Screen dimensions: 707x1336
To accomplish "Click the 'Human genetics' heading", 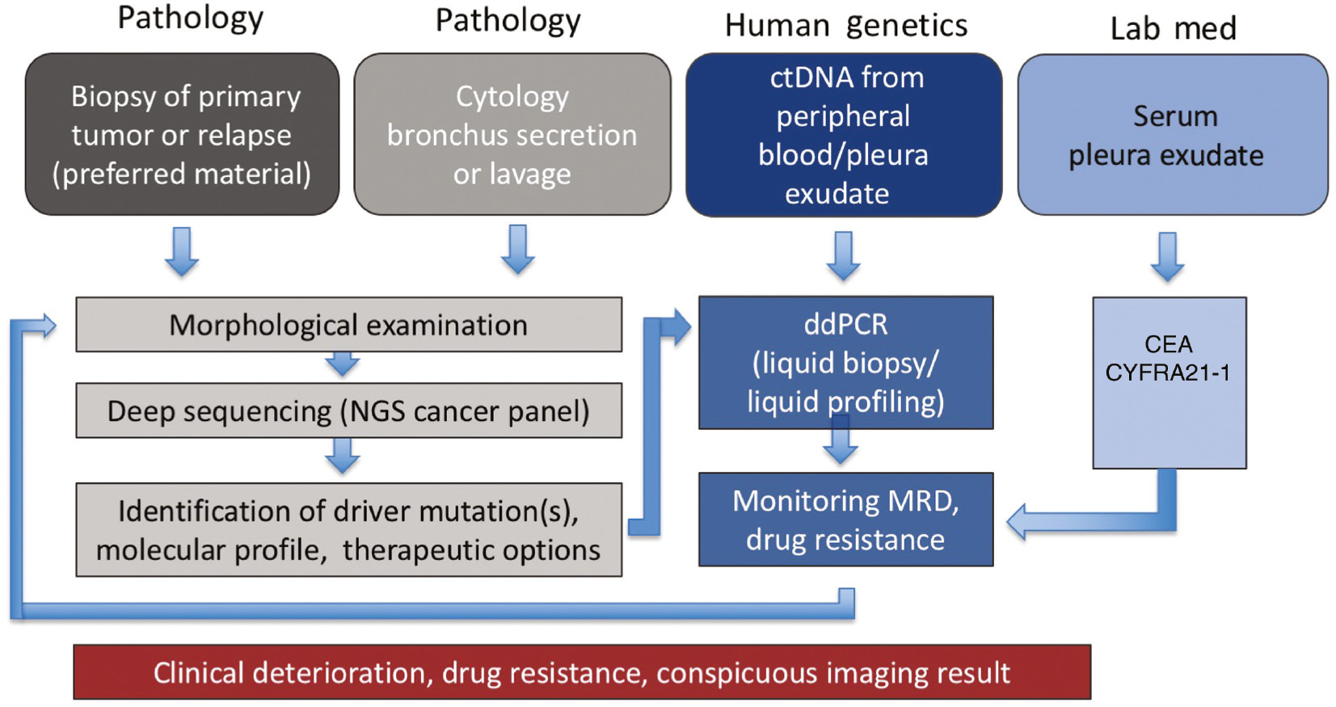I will tap(845, 26).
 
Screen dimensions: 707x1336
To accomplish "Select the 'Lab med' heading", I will tap(1173, 28).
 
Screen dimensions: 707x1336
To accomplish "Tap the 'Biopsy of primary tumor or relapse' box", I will tap(182, 134).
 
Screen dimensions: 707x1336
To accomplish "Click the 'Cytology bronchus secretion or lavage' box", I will tap(512, 134).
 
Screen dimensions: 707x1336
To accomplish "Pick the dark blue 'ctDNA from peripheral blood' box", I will tap(844, 135).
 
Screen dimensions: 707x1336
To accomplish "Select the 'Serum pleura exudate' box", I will tap(1172, 135).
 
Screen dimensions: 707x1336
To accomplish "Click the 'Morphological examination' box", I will tap(348, 325).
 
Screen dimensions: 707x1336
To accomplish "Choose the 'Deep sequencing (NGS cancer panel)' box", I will tap(348, 411).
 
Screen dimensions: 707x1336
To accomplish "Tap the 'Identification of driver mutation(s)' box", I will tap(348, 530).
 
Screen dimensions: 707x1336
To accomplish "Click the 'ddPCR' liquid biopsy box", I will tap(845, 362).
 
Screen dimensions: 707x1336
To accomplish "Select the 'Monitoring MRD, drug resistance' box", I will tap(845, 520).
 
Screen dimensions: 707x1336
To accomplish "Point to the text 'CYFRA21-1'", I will tap(1168, 372).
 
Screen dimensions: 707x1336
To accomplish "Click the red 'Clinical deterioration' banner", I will tap(582, 672).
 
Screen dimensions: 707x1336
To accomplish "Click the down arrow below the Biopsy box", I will tap(182, 252).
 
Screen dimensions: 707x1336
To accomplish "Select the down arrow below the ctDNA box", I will tap(844, 256).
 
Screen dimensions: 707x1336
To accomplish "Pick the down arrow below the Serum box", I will tap(1168, 257).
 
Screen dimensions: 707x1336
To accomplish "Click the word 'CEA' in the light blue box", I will tap(1168, 344).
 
